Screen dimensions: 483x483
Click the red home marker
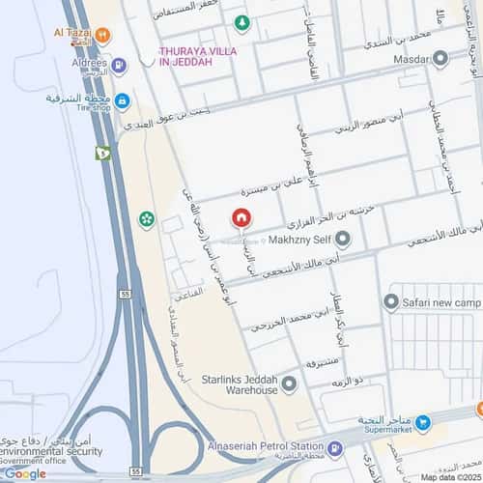coord(243,218)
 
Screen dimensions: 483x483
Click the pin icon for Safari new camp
coord(391,302)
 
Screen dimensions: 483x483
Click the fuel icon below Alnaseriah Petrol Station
coord(334,447)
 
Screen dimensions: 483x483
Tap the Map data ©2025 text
coord(448,477)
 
